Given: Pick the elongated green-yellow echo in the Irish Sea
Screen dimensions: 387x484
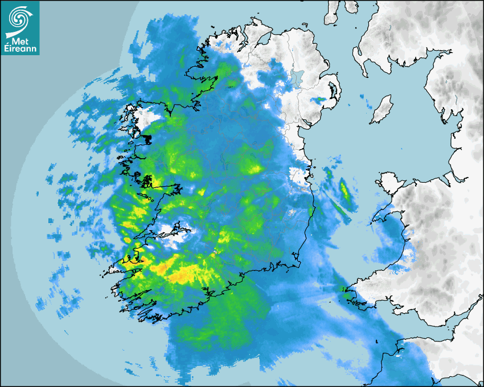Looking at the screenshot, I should [345, 191].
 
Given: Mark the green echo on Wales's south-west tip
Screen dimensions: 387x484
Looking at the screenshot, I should [347, 293].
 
